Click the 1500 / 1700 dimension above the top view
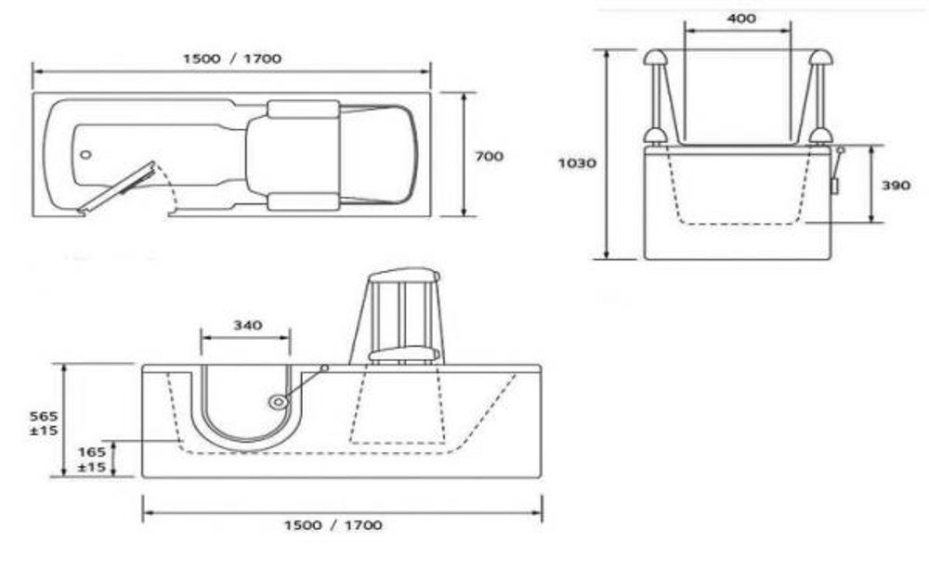click(x=232, y=58)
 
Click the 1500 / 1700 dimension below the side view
click(x=333, y=524)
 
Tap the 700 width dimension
click(x=489, y=156)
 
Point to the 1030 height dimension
click(x=577, y=162)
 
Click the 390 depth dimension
click(x=896, y=185)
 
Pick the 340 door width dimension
click(x=246, y=325)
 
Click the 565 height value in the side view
click(x=38, y=416)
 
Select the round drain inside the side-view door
click(x=277, y=402)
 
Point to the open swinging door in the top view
click(x=118, y=186)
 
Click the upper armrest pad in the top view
click(x=303, y=109)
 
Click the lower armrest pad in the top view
click(x=303, y=201)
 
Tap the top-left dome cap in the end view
click(x=655, y=57)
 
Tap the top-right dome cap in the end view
click(x=819, y=57)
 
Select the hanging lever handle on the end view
click(x=836, y=176)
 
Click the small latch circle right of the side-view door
click(x=324, y=369)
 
